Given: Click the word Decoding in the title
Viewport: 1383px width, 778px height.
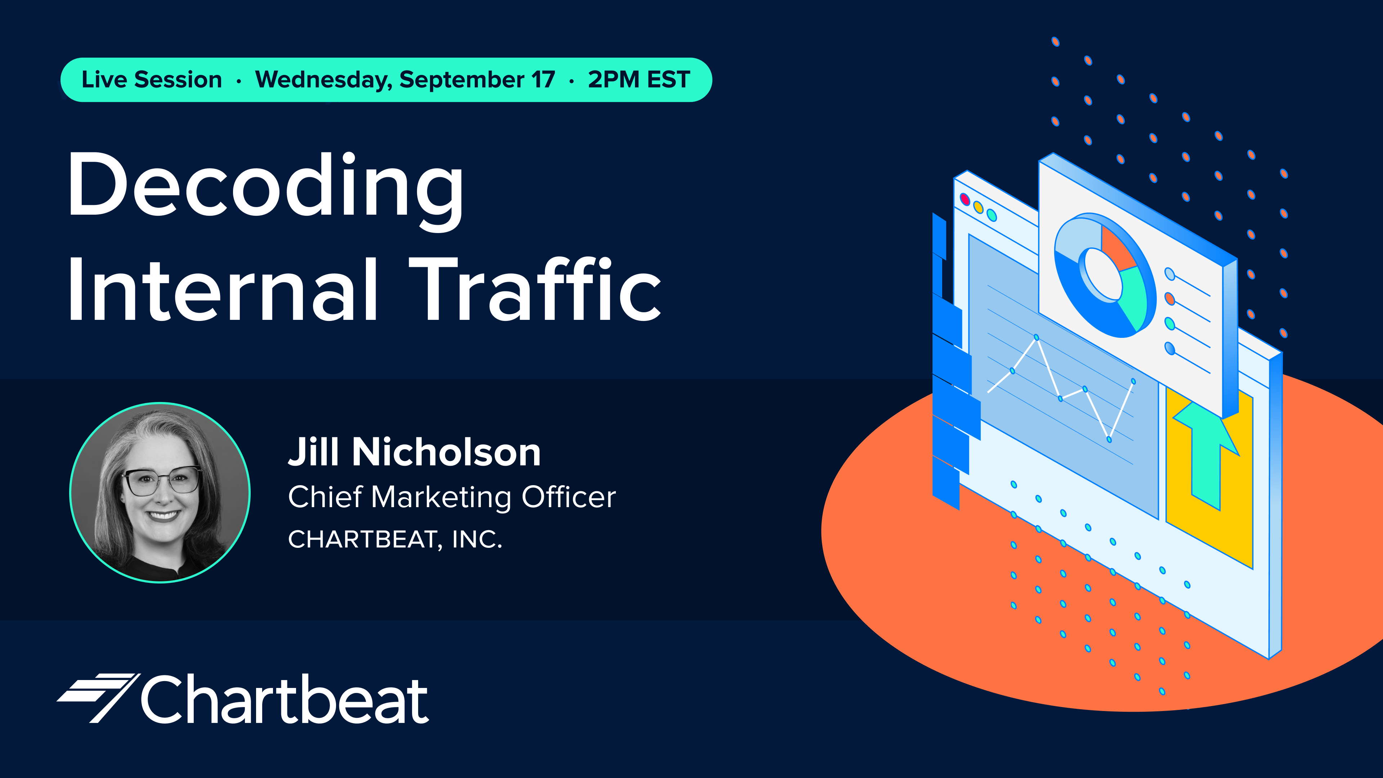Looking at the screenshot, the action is (x=266, y=191).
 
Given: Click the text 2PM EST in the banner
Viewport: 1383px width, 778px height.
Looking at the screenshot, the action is (x=639, y=80).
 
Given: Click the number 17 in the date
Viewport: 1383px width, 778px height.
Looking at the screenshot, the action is (x=543, y=80).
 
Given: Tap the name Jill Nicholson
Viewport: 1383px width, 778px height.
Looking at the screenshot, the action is (x=415, y=452).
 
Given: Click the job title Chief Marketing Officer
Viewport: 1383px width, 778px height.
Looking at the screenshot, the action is (x=452, y=497).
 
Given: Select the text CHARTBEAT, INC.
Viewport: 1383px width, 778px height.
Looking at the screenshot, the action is (x=395, y=540).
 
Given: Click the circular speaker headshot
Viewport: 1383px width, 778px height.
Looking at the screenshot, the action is (x=160, y=492).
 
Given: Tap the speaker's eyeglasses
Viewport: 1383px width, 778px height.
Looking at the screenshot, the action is (x=161, y=480).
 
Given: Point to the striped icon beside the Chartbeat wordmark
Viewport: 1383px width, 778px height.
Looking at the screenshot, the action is (x=98, y=697).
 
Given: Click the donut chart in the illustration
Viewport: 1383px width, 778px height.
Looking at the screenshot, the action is (x=1104, y=275).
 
